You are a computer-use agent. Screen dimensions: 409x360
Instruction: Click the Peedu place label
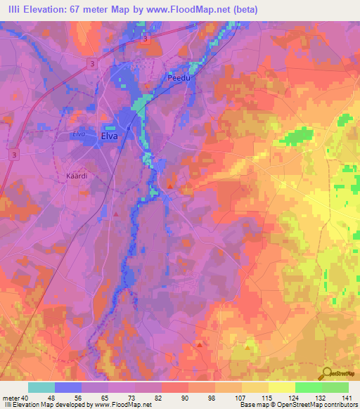point(179,78)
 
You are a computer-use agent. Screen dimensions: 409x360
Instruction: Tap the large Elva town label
point(110,136)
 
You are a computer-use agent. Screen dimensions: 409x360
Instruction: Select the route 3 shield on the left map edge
point(13,154)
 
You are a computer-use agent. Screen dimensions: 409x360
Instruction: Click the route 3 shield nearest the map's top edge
point(145,41)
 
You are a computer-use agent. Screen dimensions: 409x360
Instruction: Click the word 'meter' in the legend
point(11,398)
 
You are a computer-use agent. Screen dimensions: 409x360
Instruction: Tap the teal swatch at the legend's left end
point(41,387)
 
